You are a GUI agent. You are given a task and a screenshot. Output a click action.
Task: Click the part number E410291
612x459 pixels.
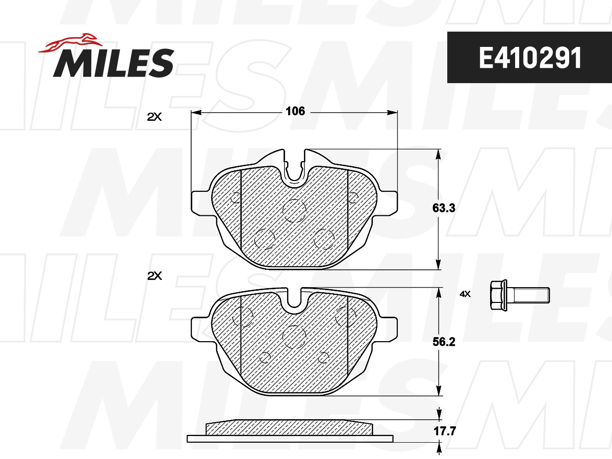pyautogui.click(x=530, y=58)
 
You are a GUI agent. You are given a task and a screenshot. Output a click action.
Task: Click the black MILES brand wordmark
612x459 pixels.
pyautogui.click(x=114, y=63)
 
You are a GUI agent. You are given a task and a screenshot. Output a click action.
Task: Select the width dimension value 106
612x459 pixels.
pyautogui.click(x=295, y=112)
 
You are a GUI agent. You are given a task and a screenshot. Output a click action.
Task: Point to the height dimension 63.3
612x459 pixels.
pyautogui.click(x=444, y=208)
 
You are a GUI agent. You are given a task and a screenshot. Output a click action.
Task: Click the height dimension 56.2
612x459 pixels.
pyautogui.click(x=444, y=342)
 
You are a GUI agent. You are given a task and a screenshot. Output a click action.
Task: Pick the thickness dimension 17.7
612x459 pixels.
pyautogui.click(x=444, y=431)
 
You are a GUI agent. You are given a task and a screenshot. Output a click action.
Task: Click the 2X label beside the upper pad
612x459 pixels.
pyautogui.click(x=154, y=117)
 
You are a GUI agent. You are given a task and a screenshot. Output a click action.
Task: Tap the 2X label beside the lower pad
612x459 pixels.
pyautogui.click(x=154, y=276)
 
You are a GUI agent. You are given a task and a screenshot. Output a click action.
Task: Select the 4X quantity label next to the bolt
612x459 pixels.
pyautogui.click(x=465, y=294)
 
